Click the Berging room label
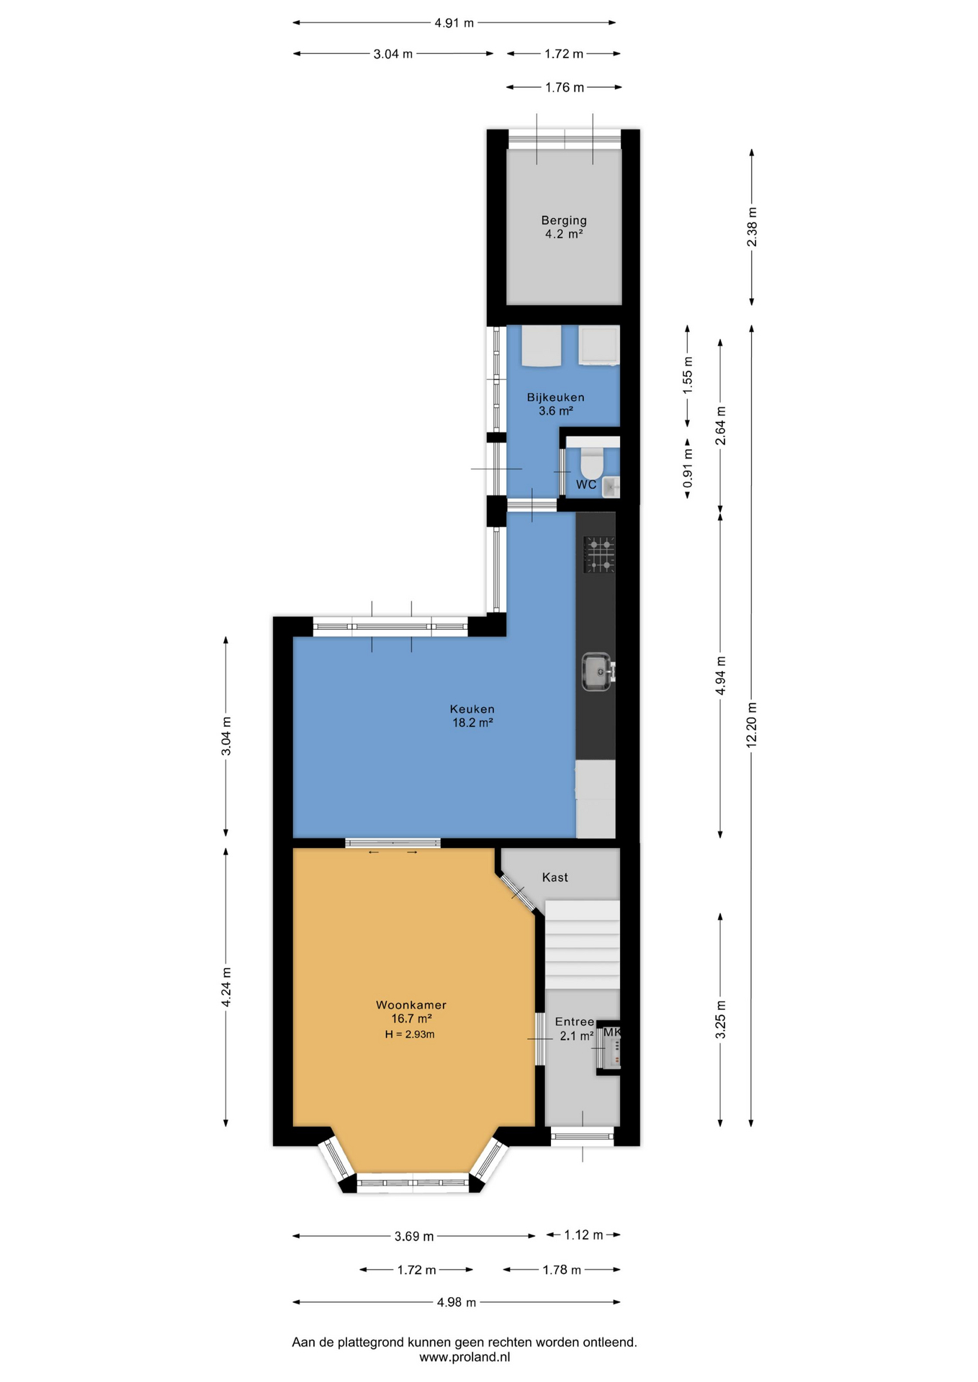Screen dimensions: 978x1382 [x=564, y=220]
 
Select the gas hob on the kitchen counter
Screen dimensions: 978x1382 [x=599, y=554]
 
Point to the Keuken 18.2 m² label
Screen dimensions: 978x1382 [x=472, y=715]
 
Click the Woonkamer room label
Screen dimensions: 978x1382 [x=411, y=1005]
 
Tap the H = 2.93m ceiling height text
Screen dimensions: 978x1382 [x=410, y=1034]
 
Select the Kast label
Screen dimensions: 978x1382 [x=555, y=877]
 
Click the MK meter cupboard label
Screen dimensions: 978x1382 [x=611, y=1032]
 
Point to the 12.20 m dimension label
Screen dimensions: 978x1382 [x=752, y=725]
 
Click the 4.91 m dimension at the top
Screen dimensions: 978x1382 [x=454, y=23]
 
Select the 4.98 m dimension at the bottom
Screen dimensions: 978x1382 [x=457, y=1302]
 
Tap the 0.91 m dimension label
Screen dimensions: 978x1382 [x=688, y=468]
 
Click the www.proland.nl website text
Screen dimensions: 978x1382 [x=465, y=1357]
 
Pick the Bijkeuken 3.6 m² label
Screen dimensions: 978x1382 [x=555, y=404]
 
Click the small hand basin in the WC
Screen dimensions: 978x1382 [x=611, y=487]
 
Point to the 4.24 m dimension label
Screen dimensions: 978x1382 [x=226, y=986]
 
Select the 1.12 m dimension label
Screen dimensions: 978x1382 [x=583, y=1234]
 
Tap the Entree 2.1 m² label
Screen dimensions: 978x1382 [x=575, y=1029]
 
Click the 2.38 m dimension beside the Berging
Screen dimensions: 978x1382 [x=752, y=227]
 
